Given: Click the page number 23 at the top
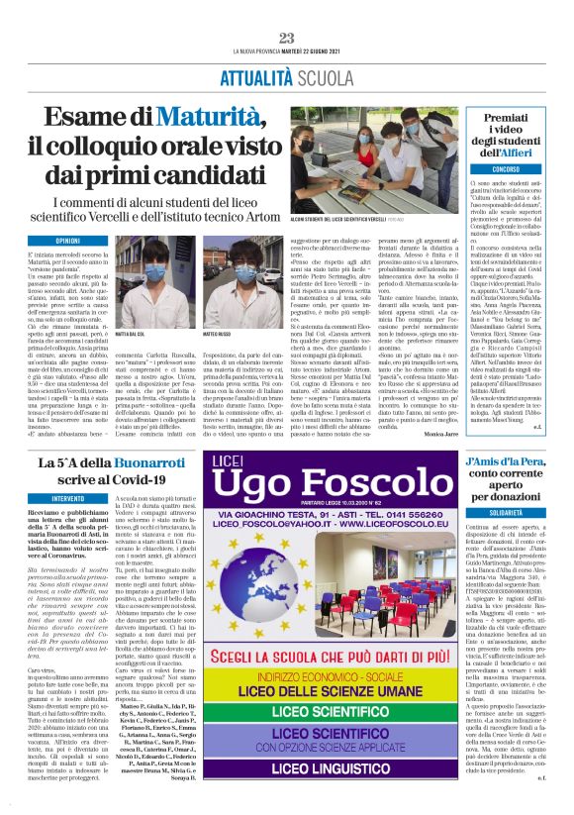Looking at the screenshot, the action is coord(287,38).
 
